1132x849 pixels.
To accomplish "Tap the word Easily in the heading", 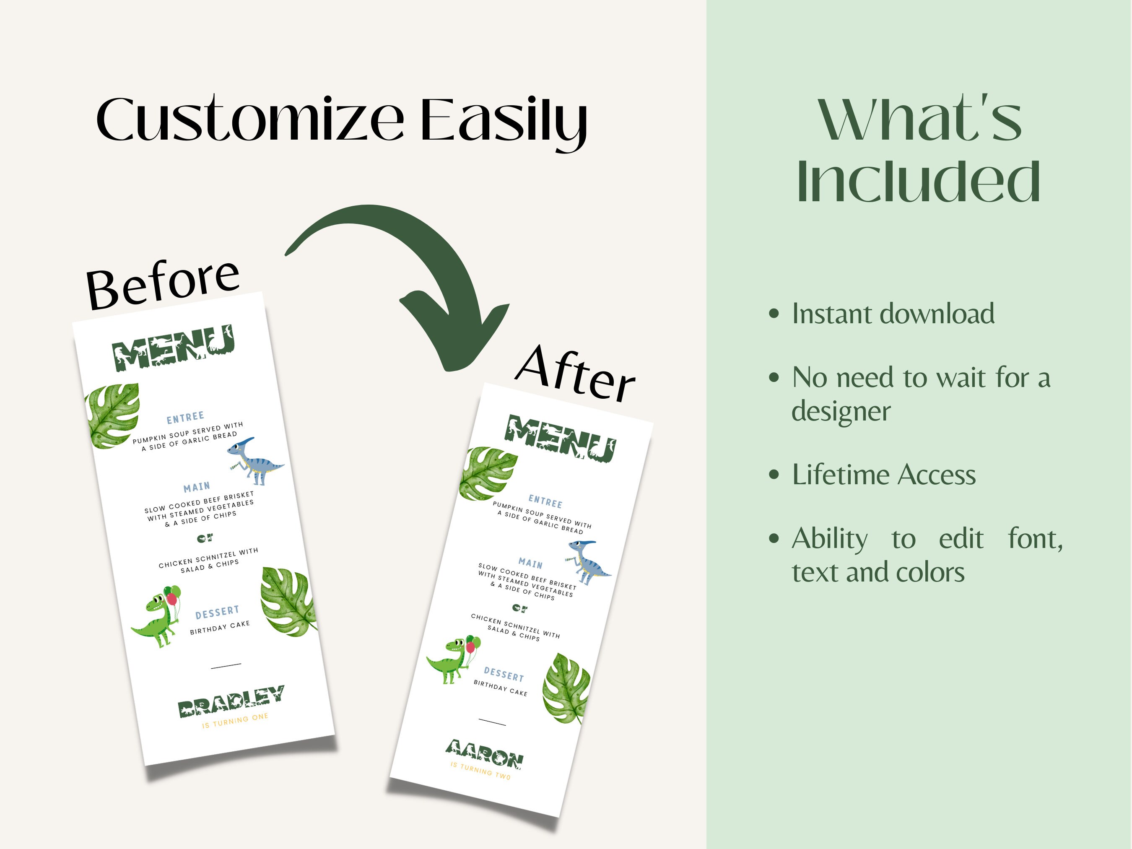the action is coord(504,123).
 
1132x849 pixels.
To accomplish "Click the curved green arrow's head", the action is coord(455,332).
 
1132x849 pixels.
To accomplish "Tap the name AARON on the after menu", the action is coord(484,754).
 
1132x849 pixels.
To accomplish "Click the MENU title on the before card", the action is coord(173,348).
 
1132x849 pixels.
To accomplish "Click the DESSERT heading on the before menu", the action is coord(217,612).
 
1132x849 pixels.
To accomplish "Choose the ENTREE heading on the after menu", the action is coord(545,501).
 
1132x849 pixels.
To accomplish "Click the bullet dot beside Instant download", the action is coord(774,314).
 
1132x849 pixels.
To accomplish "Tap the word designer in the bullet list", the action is coord(841,411).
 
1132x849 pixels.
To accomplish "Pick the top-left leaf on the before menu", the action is coord(114,415).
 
